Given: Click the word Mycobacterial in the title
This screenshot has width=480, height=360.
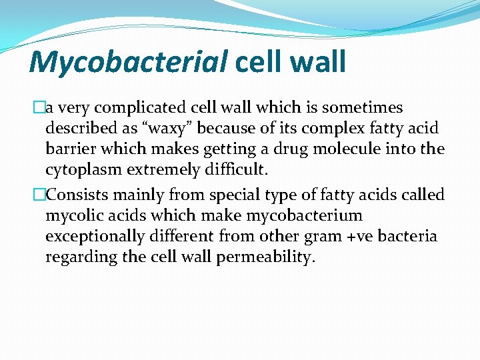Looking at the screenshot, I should click(x=128, y=62).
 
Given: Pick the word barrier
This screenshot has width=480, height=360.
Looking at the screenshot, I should click(x=69, y=149).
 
